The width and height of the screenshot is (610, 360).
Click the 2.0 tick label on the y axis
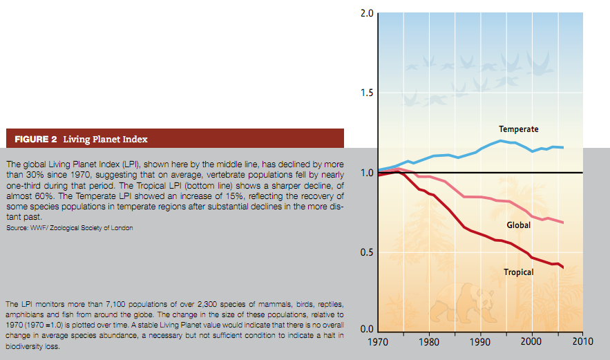pyautogui.click(x=367, y=14)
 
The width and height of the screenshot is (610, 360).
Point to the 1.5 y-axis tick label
pyautogui.click(x=367, y=93)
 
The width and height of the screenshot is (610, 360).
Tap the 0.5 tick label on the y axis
pyautogui.click(x=367, y=252)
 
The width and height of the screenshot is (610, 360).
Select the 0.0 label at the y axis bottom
pyautogui.click(x=367, y=329)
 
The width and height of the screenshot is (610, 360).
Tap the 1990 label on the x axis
pyautogui.click(x=480, y=341)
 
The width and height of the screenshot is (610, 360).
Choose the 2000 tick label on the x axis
pyautogui.click(x=531, y=341)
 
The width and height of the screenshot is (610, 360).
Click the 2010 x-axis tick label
pyautogui.click(x=582, y=341)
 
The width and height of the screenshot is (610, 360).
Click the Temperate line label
pyautogui.click(x=518, y=129)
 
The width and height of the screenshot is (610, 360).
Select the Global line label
pyautogui.click(x=519, y=225)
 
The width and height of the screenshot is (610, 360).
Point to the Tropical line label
pyautogui.click(x=518, y=272)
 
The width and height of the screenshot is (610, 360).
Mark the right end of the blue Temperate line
pyautogui.click(x=563, y=147)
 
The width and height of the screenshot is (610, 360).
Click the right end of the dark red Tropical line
pyautogui.click(x=563, y=268)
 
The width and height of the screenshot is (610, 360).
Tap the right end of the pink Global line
pyautogui.click(x=563, y=222)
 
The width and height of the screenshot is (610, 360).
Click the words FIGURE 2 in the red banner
pyautogui.click(x=36, y=139)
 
